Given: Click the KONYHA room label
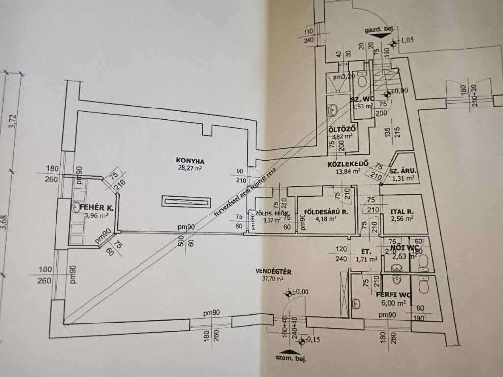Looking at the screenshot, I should [x=191, y=160].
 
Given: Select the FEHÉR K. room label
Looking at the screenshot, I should [x=99, y=208].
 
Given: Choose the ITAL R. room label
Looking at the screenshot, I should [x=401, y=212].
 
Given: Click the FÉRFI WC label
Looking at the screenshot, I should [x=393, y=295].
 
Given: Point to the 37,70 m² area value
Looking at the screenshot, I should [x=270, y=279].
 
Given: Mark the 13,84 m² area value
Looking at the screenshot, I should [x=349, y=171].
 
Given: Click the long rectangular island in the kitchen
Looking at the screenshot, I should [x=187, y=201].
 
